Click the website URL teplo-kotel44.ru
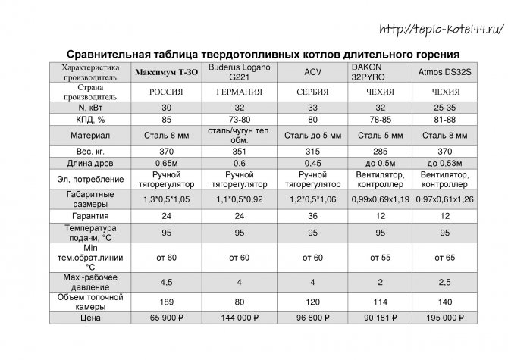(x=441, y=29)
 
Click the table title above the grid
(x=263, y=55)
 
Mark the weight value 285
(x=379, y=152)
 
